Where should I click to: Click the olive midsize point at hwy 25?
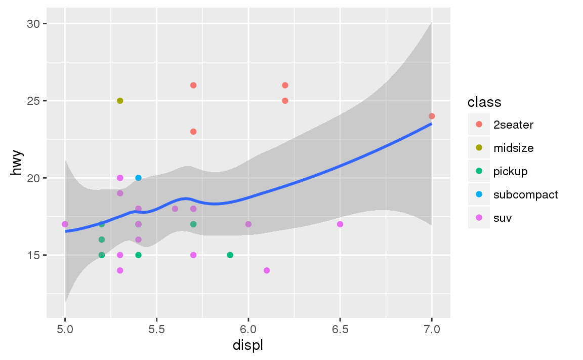[120, 101]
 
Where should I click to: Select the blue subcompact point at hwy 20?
[138, 178]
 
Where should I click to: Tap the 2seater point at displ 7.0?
[432, 116]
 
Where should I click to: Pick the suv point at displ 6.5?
[340, 224]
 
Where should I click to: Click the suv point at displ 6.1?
[267, 270]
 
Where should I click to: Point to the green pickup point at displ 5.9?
[230, 255]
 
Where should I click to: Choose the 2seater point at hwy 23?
[193, 132]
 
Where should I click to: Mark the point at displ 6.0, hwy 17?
[248, 224]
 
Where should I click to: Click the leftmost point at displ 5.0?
[65, 224]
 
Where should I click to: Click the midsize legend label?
[513, 148]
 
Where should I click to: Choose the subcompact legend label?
[525, 194]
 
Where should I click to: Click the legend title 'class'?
[484, 102]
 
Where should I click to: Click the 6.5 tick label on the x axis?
[340, 329]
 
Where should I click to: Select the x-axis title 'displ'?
[248, 346]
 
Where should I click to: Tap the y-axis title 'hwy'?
[17, 166]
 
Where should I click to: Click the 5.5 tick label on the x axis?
[156, 329]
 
